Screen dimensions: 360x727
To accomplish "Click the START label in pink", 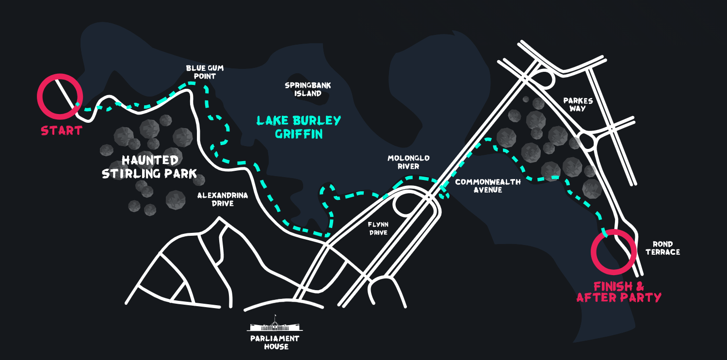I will point(61,131).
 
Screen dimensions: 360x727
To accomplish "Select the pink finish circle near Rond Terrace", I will point(613,252).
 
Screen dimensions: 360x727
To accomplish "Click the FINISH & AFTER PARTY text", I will point(619,292).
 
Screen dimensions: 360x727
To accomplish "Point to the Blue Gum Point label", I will point(205,72).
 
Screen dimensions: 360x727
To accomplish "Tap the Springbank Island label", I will point(308,89).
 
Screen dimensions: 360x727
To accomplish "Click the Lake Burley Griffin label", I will point(299,127).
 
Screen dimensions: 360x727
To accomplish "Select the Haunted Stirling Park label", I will point(149,166).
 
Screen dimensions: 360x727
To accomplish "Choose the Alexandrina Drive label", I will point(223,199).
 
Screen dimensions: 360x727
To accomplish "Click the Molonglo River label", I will point(408,162).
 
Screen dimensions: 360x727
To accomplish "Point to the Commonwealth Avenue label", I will point(488,186).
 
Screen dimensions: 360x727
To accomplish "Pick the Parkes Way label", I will point(578,104).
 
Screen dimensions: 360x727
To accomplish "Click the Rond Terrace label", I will point(662,248).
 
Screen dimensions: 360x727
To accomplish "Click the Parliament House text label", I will point(275,342).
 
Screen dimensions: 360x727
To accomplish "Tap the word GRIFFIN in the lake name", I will point(299,134).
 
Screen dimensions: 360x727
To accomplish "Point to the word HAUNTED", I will point(150,160).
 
